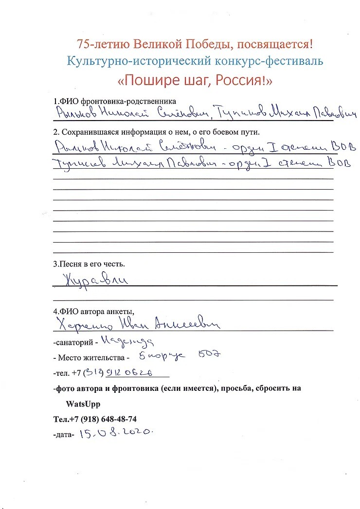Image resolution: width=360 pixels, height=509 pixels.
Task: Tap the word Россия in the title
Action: click(x=232, y=80)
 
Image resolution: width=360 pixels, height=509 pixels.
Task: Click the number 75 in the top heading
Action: click(x=83, y=44)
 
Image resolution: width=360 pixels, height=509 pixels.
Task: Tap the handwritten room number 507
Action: click(x=210, y=355)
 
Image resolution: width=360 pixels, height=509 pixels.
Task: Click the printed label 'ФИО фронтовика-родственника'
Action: click(x=114, y=102)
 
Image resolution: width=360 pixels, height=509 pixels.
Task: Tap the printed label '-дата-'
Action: click(x=64, y=435)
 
